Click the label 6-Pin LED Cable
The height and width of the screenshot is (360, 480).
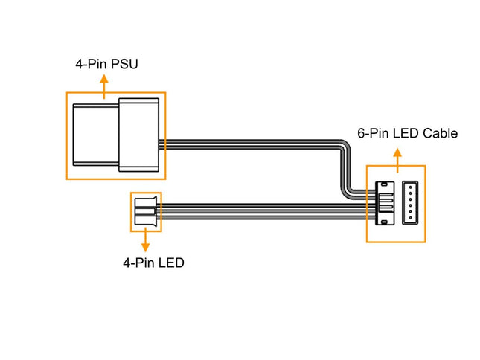[407, 134]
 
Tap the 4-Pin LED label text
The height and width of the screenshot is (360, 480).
[154, 263]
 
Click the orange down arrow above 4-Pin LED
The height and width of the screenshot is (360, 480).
[145, 241]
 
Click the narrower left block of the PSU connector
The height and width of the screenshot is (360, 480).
[96, 135]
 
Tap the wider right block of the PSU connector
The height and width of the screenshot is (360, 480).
[139, 135]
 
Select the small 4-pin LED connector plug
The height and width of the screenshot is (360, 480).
[145, 211]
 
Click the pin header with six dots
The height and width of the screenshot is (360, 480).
[412, 203]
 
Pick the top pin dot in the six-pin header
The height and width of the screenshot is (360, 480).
[412, 187]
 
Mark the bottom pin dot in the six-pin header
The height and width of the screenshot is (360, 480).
[412, 219]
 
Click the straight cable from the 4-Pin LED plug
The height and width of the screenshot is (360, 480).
[260, 211]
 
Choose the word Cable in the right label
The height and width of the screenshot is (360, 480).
[440, 134]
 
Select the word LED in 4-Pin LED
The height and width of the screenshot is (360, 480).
[172, 263]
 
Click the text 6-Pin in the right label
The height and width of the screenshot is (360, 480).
[372, 134]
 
